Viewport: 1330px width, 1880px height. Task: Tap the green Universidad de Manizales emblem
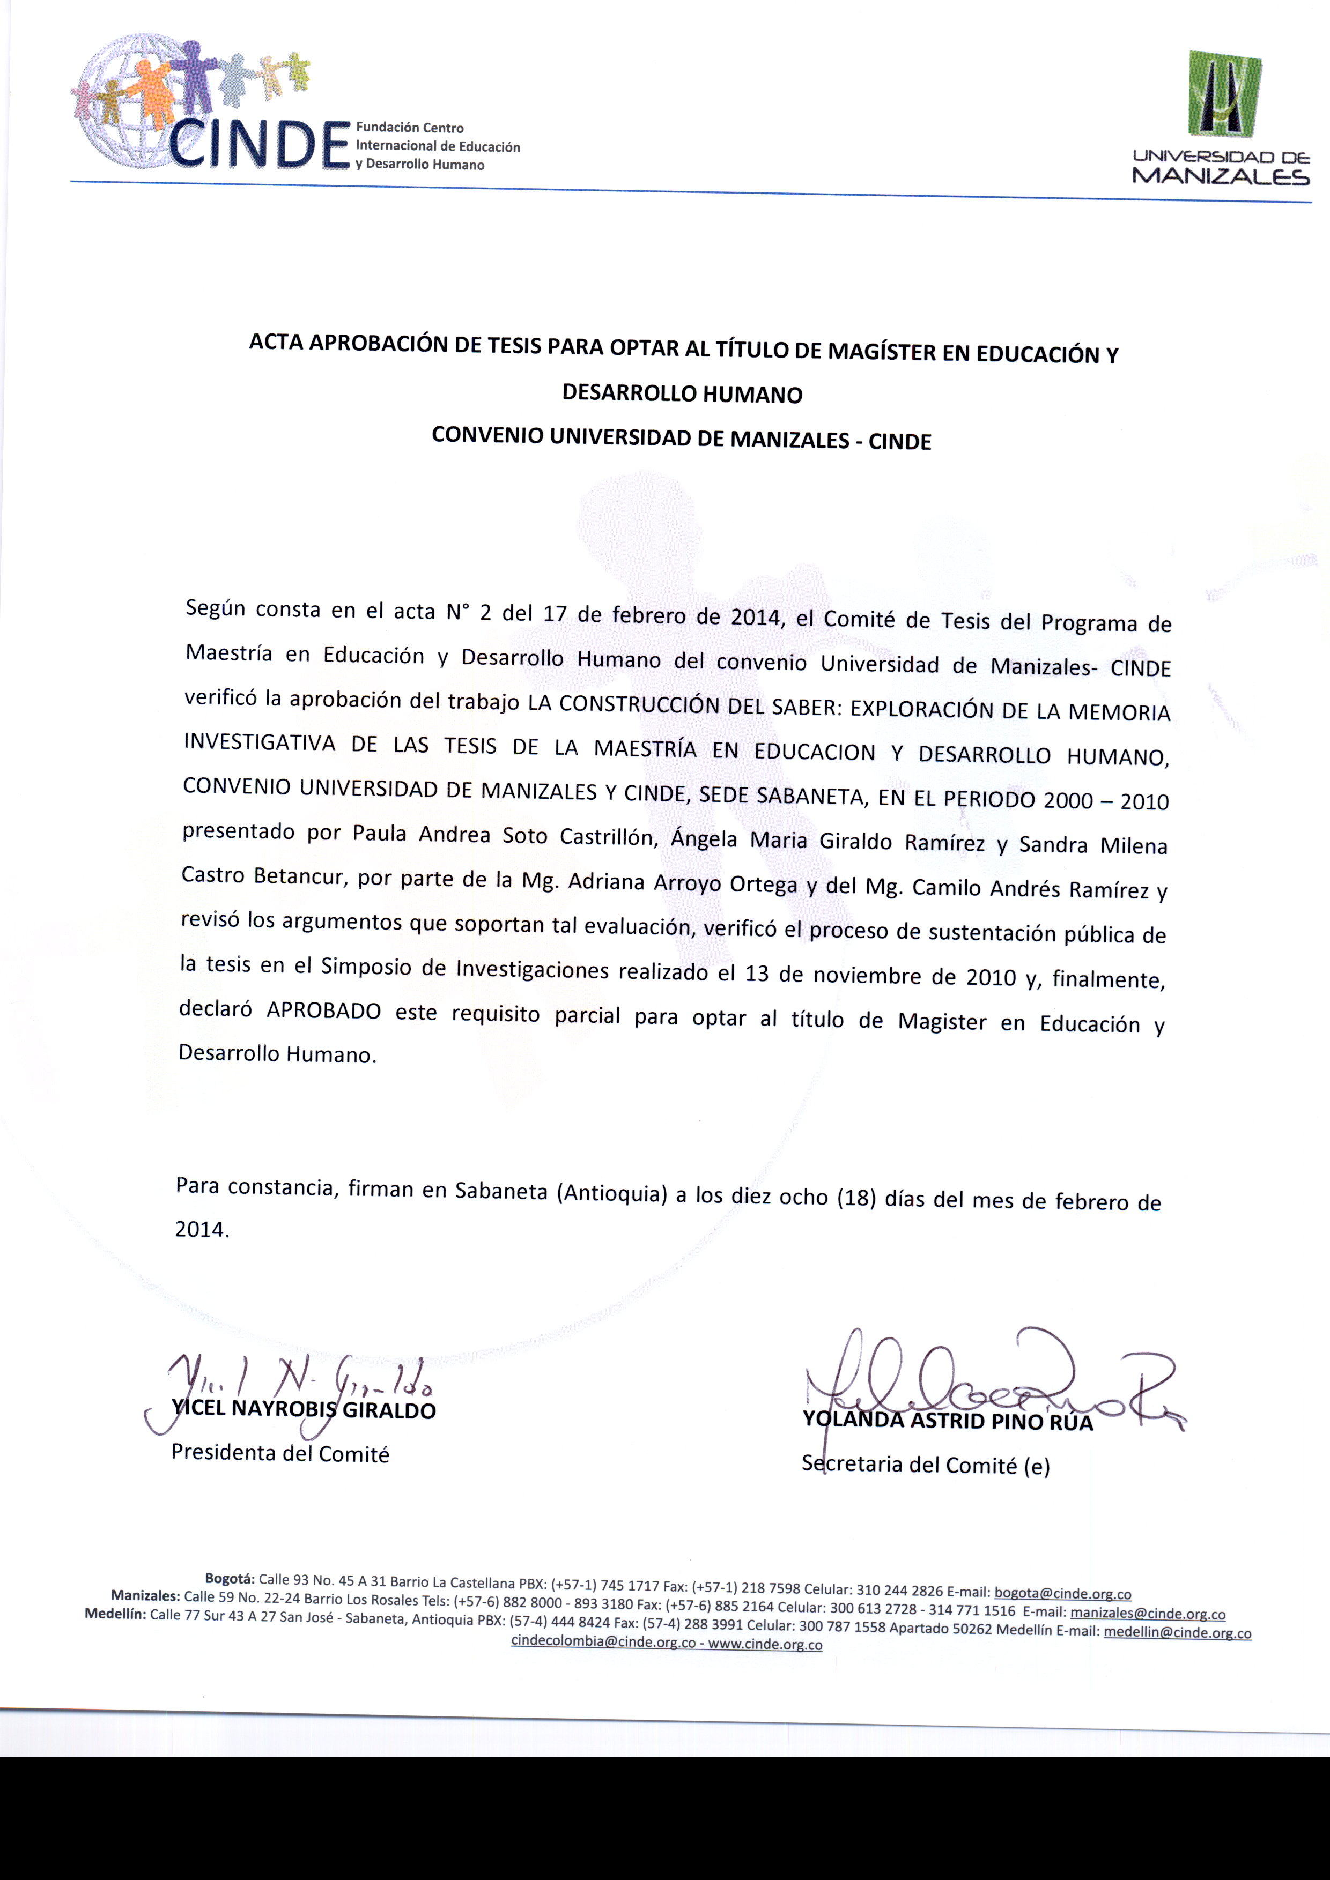point(1224,94)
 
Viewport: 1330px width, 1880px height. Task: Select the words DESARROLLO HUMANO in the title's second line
point(682,394)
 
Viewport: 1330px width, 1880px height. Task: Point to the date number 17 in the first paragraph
point(555,613)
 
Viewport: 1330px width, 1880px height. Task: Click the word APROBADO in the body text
point(323,1010)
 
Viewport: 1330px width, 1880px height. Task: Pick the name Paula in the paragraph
point(379,833)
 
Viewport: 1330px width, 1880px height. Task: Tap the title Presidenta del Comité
point(280,1453)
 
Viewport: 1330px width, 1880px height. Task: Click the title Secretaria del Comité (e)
point(926,1465)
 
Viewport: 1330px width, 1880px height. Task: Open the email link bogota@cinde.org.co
point(1062,1593)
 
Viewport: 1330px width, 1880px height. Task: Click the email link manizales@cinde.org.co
point(1147,1613)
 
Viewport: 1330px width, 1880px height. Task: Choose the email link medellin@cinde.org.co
point(1177,1632)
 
